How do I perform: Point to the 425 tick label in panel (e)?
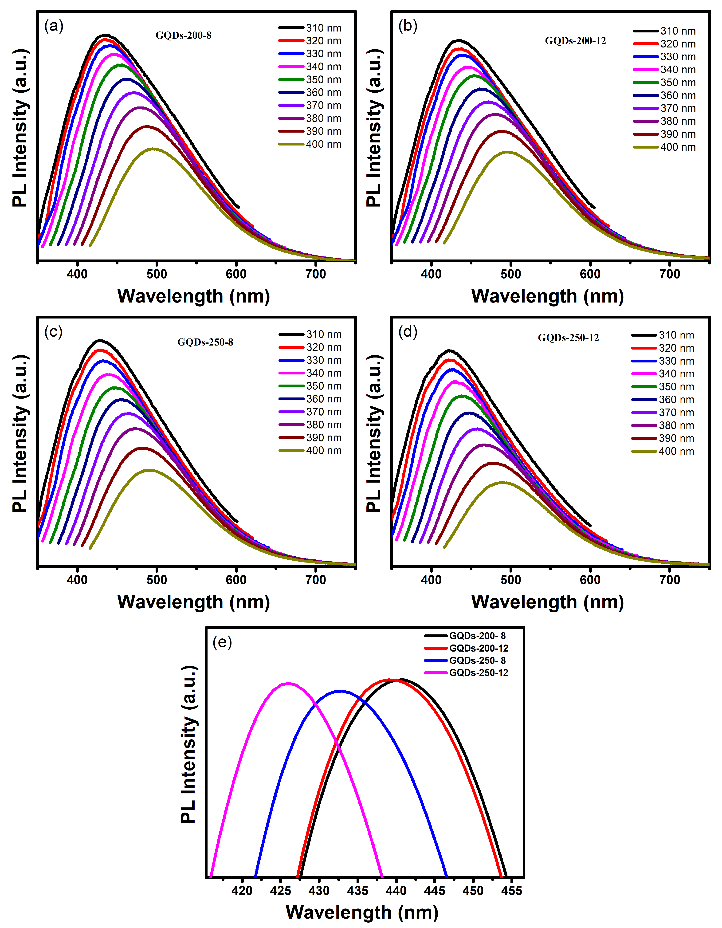click(x=280, y=891)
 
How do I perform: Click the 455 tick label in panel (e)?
click(x=511, y=891)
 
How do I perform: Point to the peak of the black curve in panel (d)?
click(x=449, y=350)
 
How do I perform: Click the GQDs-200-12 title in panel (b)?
click(x=575, y=41)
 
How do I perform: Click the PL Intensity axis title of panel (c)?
click(x=20, y=433)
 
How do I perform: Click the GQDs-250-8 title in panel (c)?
click(x=205, y=342)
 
